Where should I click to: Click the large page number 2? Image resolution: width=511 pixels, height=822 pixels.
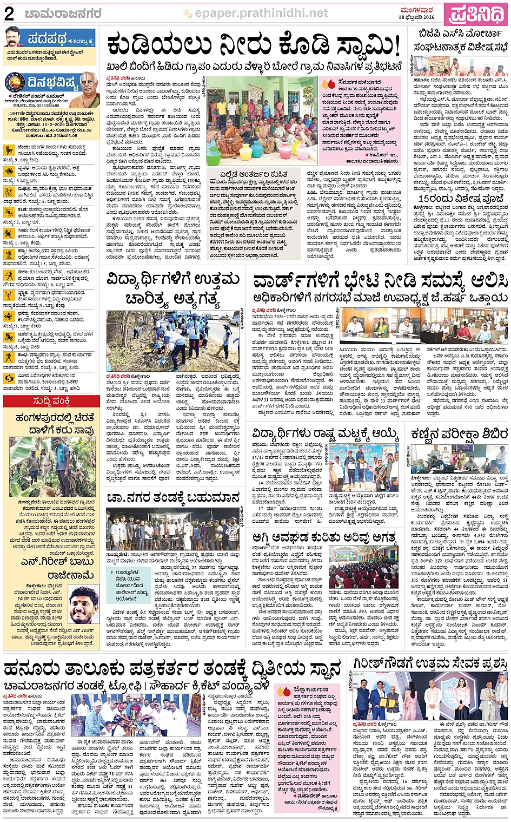(x=9, y=14)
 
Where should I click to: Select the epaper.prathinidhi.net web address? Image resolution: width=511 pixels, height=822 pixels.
(x=261, y=13)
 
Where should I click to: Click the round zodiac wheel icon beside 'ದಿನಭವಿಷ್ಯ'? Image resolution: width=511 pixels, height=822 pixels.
(x=15, y=84)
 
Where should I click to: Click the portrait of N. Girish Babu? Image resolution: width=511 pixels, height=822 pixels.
(x=83, y=604)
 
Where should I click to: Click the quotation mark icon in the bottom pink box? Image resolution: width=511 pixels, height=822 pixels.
(x=284, y=691)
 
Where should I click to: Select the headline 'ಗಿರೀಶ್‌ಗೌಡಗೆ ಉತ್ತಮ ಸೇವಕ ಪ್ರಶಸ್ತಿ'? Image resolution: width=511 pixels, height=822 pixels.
(x=430, y=663)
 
